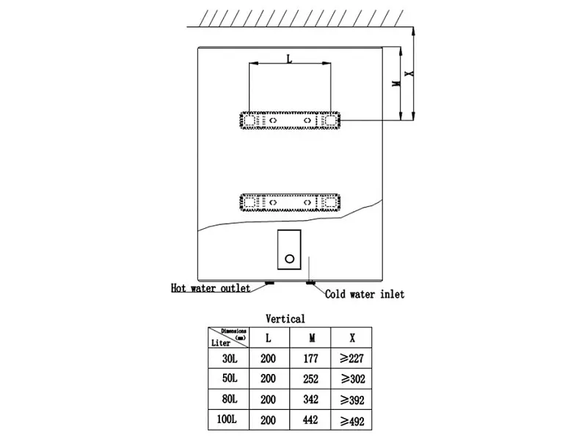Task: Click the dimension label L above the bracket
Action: pyautogui.click(x=289, y=59)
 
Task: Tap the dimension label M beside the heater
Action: pyautogui.click(x=396, y=82)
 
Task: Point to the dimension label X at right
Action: pyautogui.click(x=410, y=73)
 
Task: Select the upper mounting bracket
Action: pyautogui.click(x=290, y=120)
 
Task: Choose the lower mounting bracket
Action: pyautogui.click(x=290, y=203)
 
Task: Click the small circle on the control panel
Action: pyautogui.click(x=289, y=259)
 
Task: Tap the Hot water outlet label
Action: pyautogui.click(x=211, y=288)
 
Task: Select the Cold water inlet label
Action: pyautogui.click(x=365, y=294)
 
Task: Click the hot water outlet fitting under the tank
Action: pyautogui.click(x=269, y=282)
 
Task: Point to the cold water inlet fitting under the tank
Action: pyautogui.click(x=310, y=282)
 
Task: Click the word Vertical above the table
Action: pyautogui.click(x=285, y=319)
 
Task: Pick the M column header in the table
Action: pyautogui.click(x=312, y=338)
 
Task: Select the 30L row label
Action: pyautogui.click(x=230, y=359)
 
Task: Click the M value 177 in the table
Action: pyautogui.click(x=310, y=359)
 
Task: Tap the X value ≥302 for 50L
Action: pyautogui.click(x=353, y=379)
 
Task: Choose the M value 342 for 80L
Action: pyautogui.click(x=310, y=400)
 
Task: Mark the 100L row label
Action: pyautogui.click(x=227, y=419)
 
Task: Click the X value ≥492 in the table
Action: pyautogui.click(x=352, y=421)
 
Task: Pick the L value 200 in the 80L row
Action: pyautogui.click(x=268, y=400)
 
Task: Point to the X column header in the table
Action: pyautogui.click(x=352, y=338)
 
